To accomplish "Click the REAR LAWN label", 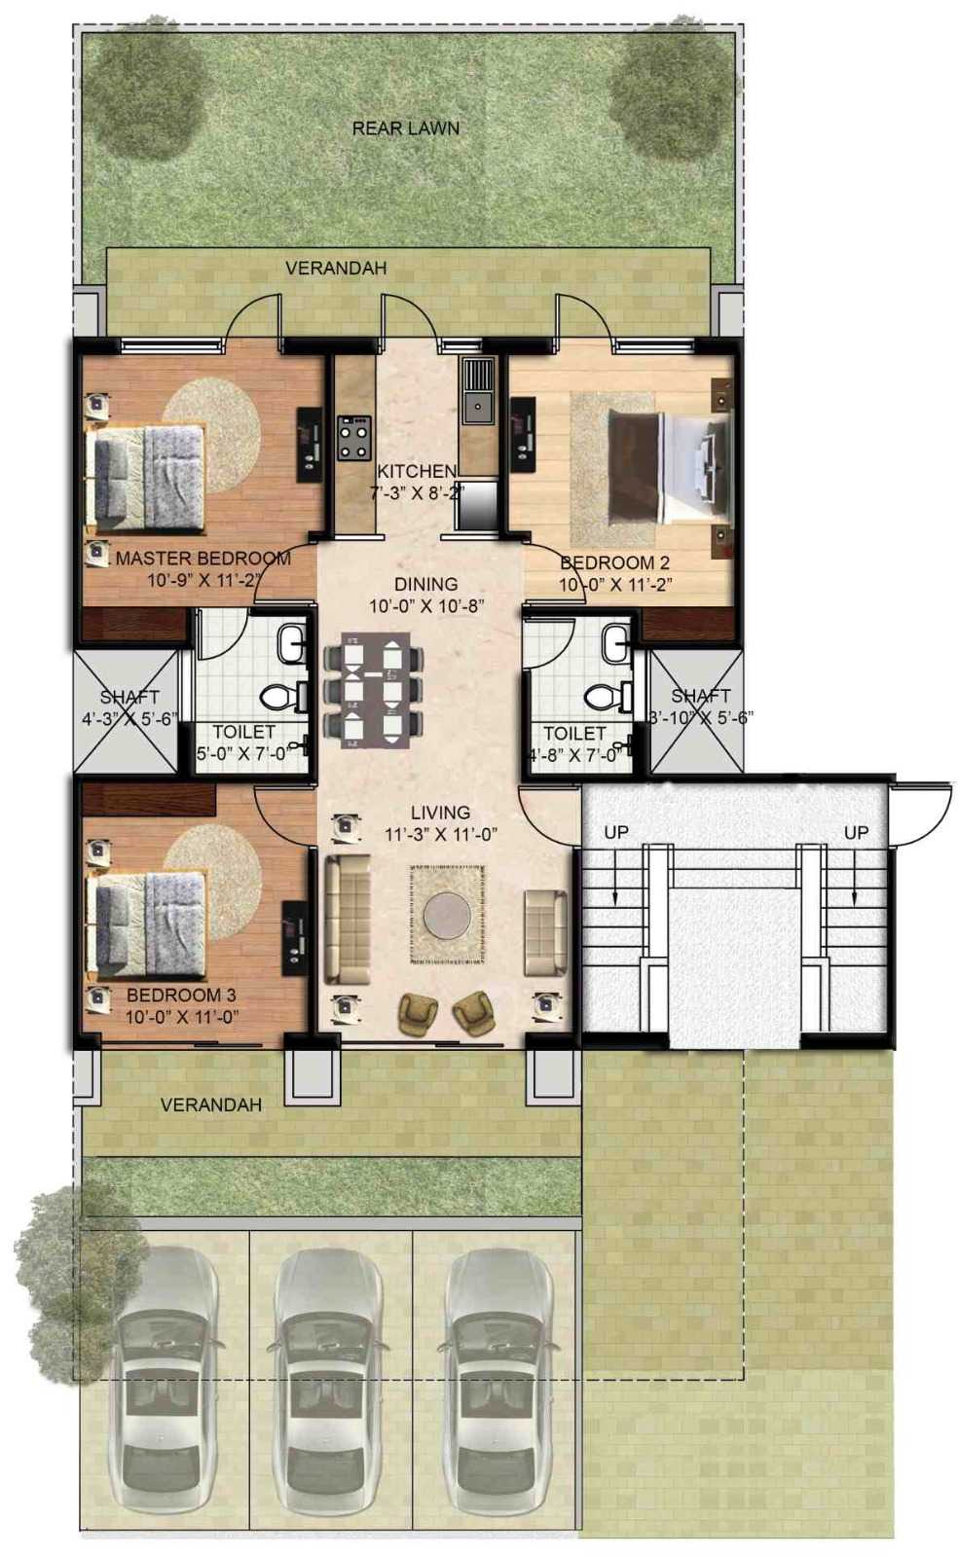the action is click(405, 128).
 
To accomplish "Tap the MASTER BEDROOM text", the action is click(203, 559).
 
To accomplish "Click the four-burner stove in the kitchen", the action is click(354, 438).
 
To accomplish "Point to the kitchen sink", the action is click(478, 391).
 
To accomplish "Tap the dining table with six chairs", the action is click(374, 690).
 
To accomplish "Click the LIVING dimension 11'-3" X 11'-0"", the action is click(441, 835).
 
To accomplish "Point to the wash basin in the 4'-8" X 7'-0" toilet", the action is click(614, 643).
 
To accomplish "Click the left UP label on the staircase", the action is click(616, 832).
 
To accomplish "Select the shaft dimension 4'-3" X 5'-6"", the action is click(130, 719).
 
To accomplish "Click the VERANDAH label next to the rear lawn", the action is click(336, 269).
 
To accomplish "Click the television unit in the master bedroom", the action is click(310, 444).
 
